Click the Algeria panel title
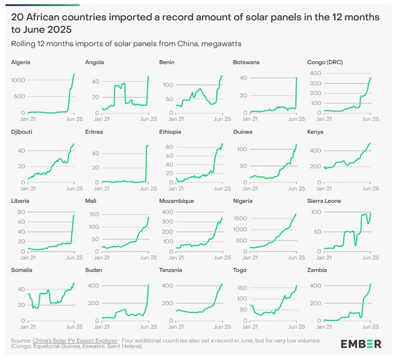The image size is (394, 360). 20,62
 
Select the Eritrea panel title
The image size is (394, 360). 95,132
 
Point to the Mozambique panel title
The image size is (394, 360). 176,201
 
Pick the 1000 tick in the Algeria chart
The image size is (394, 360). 18,81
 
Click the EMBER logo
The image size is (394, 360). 361,344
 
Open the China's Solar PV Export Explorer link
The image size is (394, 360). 75,340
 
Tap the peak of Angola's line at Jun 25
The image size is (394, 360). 148,76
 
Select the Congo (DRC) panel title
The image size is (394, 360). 326,62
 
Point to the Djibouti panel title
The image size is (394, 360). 21,132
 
